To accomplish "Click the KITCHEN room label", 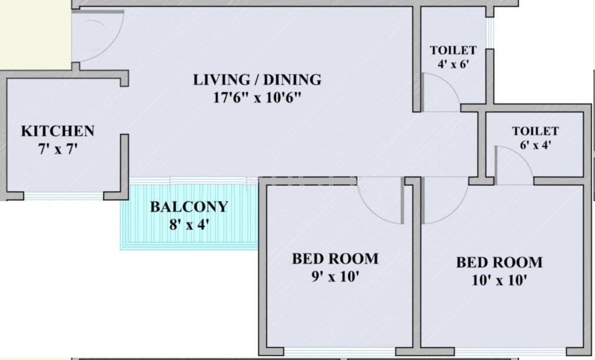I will [x=58, y=131].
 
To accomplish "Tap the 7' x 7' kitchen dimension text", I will [x=58, y=149].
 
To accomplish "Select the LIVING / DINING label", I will [x=257, y=79].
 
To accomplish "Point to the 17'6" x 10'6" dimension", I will [x=257, y=98].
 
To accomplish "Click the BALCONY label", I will [x=188, y=207].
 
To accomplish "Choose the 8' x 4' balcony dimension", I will [x=188, y=225].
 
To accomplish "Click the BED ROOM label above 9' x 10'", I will [x=335, y=259].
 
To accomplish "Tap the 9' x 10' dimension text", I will [x=335, y=277].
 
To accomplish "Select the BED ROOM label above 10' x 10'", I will [x=499, y=262].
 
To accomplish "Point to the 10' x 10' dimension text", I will [x=499, y=281].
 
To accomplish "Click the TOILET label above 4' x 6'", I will [x=453, y=51].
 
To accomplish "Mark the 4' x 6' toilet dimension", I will [x=453, y=65].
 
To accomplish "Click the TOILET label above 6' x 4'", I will [x=535, y=131].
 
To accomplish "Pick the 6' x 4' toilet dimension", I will [x=535, y=145].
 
